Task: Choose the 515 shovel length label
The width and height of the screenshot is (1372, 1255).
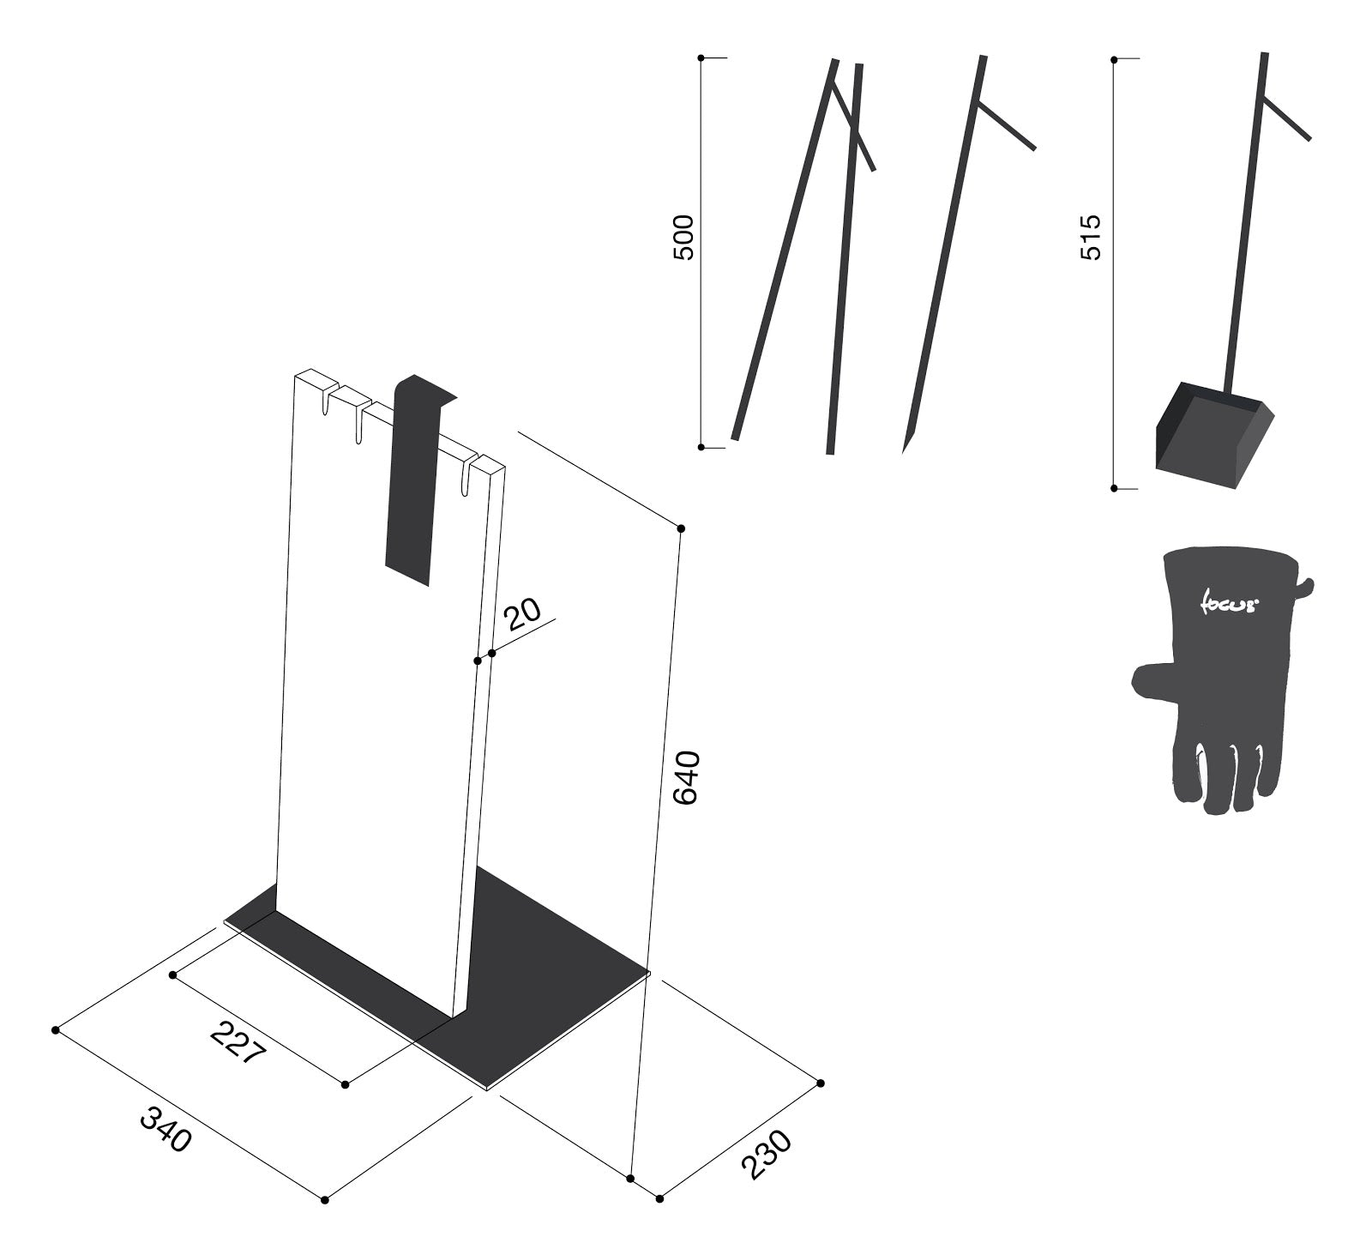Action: coord(1091,238)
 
